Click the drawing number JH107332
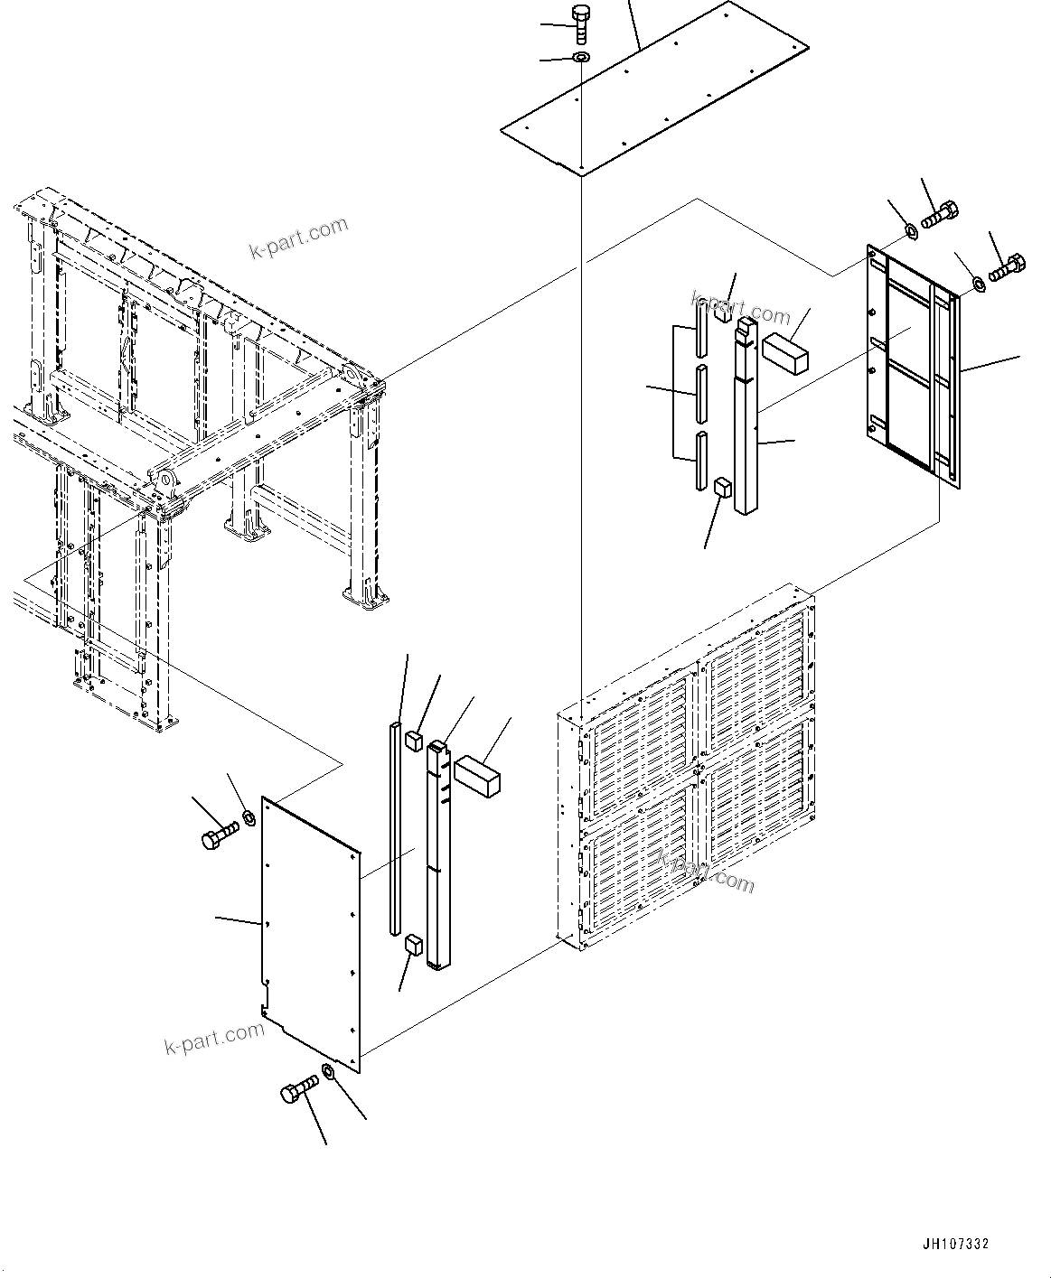[x=955, y=1244]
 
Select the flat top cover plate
[x=654, y=90]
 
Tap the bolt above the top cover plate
[x=580, y=23]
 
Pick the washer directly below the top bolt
[x=580, y=59]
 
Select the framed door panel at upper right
[x=913, y=366]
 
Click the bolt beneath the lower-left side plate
[x=299, y=1089]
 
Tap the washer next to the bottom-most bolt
[x=328, y=1072]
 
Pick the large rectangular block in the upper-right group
[x=784, y=350]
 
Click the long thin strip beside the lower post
[x=395, y=826]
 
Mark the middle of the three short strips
[x=699, y=395]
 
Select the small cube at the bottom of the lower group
[x=414, y=945]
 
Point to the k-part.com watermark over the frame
[x=298, y=238]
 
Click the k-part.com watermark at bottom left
[x=214, y=1040]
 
